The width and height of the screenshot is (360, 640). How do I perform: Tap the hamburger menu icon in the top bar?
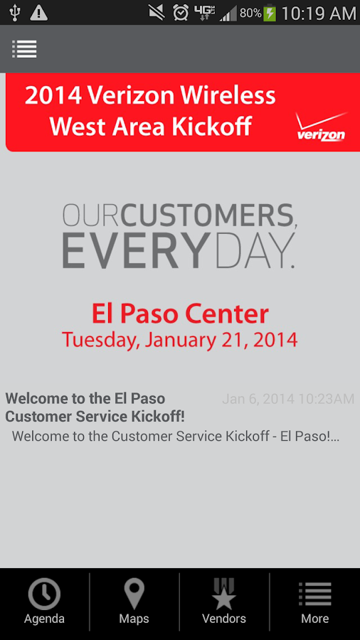click(x=24, y=49)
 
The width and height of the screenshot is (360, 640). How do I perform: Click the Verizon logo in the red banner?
click(x=321, y=127)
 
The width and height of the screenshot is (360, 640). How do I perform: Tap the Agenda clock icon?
click(x=44, y=594)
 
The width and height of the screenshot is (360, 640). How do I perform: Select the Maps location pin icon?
click(x=134, y=594)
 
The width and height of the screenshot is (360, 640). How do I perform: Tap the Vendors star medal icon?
click(x=224, y=594)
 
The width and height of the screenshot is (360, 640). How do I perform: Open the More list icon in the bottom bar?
click(x=314, y=594)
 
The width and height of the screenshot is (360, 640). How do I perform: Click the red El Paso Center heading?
click(x=180, y=314)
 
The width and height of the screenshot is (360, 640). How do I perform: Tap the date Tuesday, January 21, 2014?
click(x=179, y=340)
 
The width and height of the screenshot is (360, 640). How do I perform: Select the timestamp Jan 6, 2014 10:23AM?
click(x=288, y=399)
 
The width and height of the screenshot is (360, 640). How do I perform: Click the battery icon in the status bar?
click(x=270, y=14)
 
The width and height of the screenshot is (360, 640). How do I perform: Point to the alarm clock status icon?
click(x=181, y=13)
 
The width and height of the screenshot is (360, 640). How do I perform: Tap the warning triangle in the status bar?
click(x=39, y=14)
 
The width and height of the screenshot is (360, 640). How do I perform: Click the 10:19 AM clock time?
click(x=319, y=14)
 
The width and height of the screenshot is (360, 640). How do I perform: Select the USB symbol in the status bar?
click(x=15, y=13)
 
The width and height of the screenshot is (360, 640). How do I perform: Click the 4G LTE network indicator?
click(x=204, y=13)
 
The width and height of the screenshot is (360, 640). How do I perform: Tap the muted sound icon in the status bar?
click(x=157, y=13)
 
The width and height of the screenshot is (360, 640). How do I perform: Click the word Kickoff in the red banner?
click(x=211, y=127)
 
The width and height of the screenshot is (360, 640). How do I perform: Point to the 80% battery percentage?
click(x=250, y=14)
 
